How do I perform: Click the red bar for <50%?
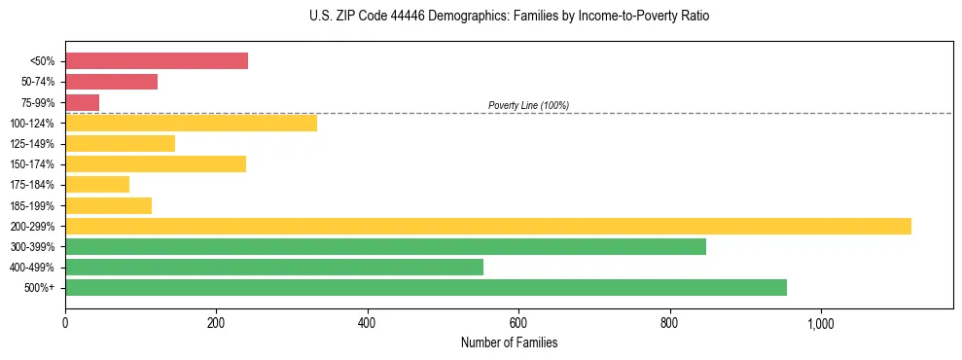[x=157, y=60]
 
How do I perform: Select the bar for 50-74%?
[x=111, y=82]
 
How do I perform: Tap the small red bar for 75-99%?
[x=82, y=102]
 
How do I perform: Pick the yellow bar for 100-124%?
[x=191, y=123]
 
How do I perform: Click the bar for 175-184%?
[x=97, y=184]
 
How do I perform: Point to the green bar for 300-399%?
[x=385, y=246]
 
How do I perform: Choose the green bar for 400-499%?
[x=274, y=267]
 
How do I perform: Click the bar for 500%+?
[x=426, y=287]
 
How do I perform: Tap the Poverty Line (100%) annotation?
[x=528, y=105]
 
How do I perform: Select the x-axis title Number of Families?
[x=509, y=342]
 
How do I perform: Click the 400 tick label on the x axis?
[x=367, y=322]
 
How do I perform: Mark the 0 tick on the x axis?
[x=65, y=322]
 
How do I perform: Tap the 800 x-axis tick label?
[x=669, y=322]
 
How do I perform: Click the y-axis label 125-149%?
[x=32, y=144]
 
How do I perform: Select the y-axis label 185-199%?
[x=32, y=205]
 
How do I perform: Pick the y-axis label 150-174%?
[x=32, y=164]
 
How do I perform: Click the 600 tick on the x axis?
[x=518, y=322]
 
